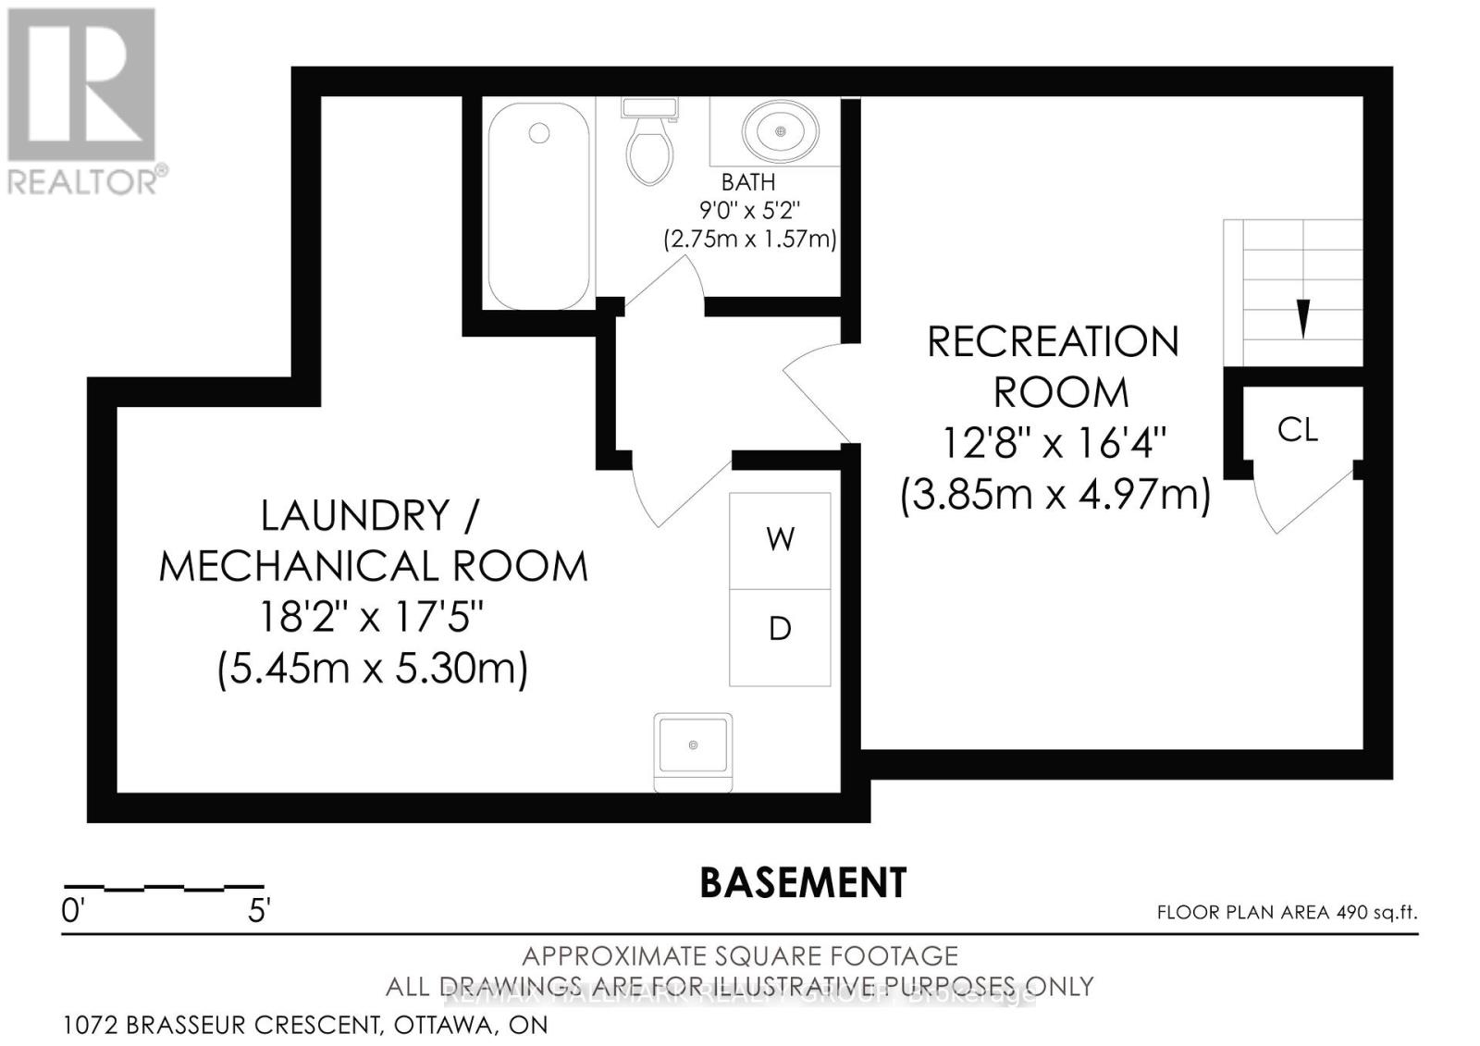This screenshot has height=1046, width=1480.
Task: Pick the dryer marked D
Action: pyautogui.click(x=780, y=630)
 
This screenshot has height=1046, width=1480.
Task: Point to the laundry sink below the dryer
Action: pyautogui.click(x=693, y=745)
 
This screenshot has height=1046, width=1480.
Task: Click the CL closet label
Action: pyautogui.click(x=1297, y=430)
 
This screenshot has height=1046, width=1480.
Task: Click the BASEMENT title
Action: pyautogui.click(x=803, y=883)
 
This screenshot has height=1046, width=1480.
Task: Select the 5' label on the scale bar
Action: pyautogui.click(x=258, y=911)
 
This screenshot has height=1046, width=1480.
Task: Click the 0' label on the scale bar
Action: pyautogui.click(x=72, y=911)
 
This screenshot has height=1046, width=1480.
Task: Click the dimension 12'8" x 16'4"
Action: pyautogui.click(x=1054, y=444)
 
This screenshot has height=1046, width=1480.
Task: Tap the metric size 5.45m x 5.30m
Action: pyautogui.click(x=372, y=668)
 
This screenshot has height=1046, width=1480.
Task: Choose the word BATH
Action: pyautogui.click(x=748, y=183)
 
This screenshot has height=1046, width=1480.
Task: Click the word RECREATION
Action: pyautogui.click(x=1053, y=343)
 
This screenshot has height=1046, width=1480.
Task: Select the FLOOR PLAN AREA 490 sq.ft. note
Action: pyautogui.click(x=1287, y=913)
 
